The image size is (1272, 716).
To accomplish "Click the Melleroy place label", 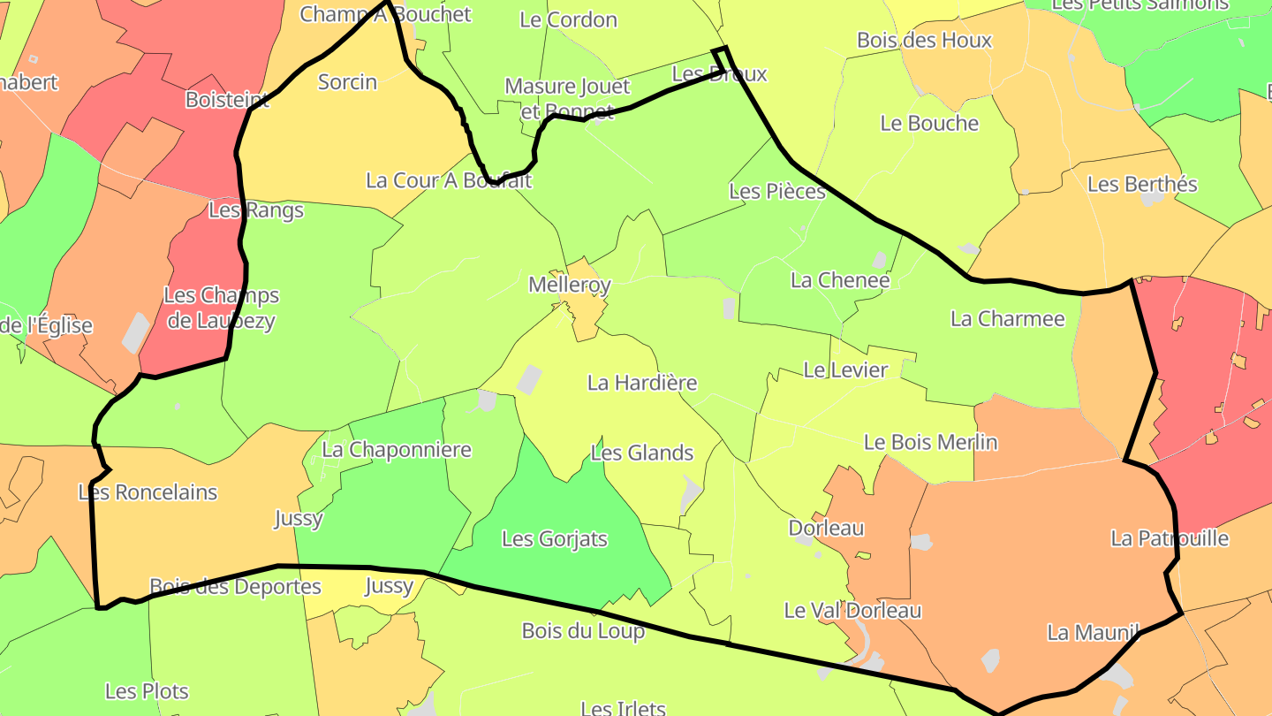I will [x=570, y=286].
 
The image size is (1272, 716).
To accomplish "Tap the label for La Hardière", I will [x=642, y=383].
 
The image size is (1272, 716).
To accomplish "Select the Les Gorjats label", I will [x=555, y=538].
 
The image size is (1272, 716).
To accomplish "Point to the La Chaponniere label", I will [x=397, y=450].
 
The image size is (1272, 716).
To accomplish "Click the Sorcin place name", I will [x=347, y=82].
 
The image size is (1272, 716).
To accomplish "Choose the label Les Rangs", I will [x=256, y=210].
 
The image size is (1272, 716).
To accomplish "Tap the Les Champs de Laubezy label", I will [x=222, y=308].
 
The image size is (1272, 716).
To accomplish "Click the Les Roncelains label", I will [x=148, y=492].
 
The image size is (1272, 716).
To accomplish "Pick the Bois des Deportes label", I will [x=235, y=586].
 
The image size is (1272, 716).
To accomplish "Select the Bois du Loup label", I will [x=583, y=631].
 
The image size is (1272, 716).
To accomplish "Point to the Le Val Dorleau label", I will [x=852, y=610].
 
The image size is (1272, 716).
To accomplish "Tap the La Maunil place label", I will [x=1092, y=632].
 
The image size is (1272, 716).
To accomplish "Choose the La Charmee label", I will [x=1008, y=318].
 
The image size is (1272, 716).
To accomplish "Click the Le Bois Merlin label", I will [x=930, y=442].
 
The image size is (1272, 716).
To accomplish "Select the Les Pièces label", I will [x=777, y=191].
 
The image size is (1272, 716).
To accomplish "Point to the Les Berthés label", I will [x=1142, y=184].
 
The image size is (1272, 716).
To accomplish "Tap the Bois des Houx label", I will [x=925, y=40].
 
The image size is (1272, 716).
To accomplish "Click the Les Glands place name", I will [x=642, y=453].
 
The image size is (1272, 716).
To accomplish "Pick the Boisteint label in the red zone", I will [x=227, y=100].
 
